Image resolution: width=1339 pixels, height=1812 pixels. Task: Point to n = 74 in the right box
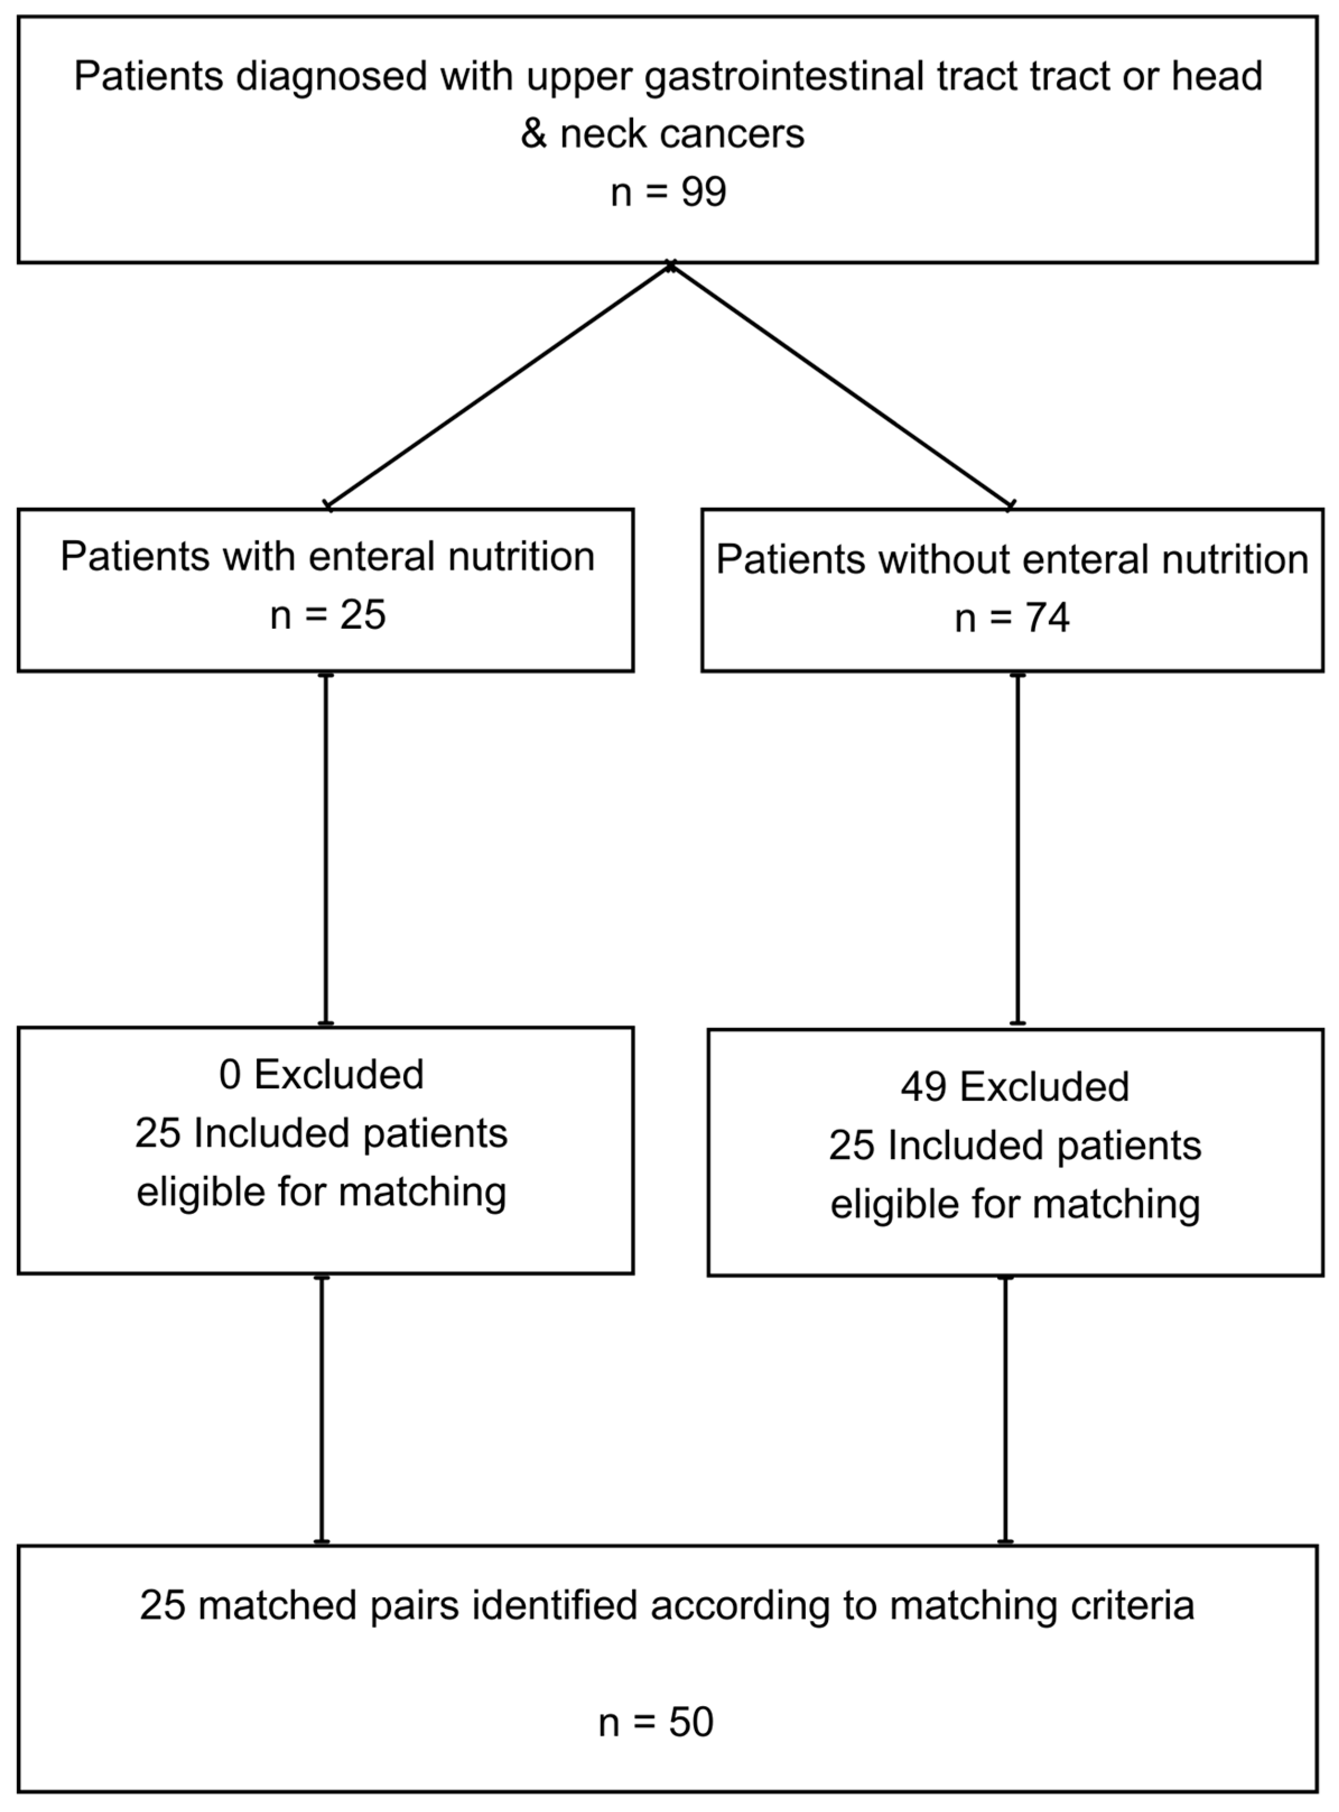[1012, 618]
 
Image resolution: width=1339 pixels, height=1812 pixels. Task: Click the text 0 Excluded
[321, 1074]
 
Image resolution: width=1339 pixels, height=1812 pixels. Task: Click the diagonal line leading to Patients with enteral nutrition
[499, 386]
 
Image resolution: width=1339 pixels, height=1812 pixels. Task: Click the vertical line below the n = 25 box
[326, 849]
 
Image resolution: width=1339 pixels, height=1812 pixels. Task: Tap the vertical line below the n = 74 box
[1018, 849]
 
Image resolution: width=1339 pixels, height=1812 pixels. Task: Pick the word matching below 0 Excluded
[422, 1192]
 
